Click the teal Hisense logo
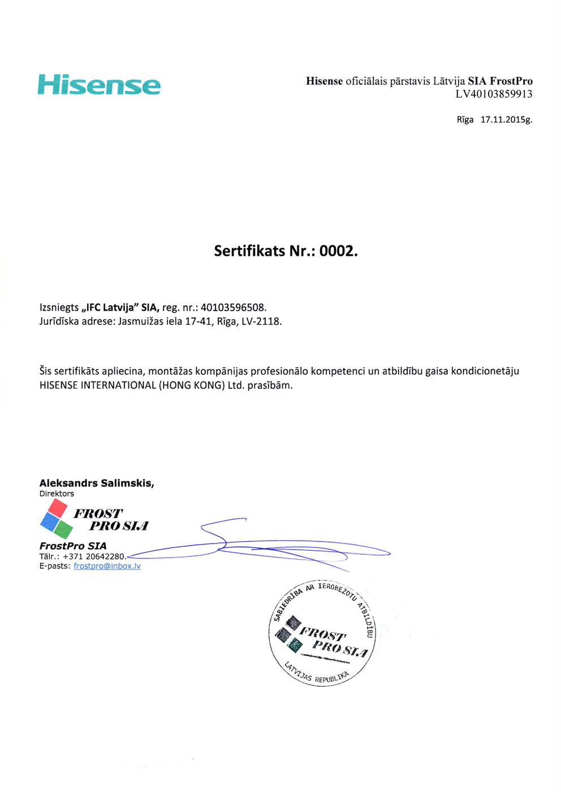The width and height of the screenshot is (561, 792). click(x=99, y=85)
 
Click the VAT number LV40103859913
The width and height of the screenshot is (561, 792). click(x=494, y=94)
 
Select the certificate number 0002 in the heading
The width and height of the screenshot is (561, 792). click(x=338, y=251)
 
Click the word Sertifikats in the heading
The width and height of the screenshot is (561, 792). click(x=249, y=251)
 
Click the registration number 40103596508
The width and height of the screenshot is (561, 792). click(x=233, y=308)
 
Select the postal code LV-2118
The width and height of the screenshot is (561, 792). click(x=261, y=321)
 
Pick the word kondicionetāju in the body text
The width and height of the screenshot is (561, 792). click(x=485, y=371)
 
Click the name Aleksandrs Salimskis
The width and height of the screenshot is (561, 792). click(x=96, y=483)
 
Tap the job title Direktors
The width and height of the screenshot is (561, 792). click(x=57, y=494)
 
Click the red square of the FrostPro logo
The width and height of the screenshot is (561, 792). click(x=57, y=507)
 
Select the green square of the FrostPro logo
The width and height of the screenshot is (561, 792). click(x=63, y=529)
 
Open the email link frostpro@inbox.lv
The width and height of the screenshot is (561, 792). click(x=107, y=566)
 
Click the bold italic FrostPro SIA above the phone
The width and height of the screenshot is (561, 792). click(x=73, y=546)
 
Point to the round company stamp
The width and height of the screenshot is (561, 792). click(x=321, y=633)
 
